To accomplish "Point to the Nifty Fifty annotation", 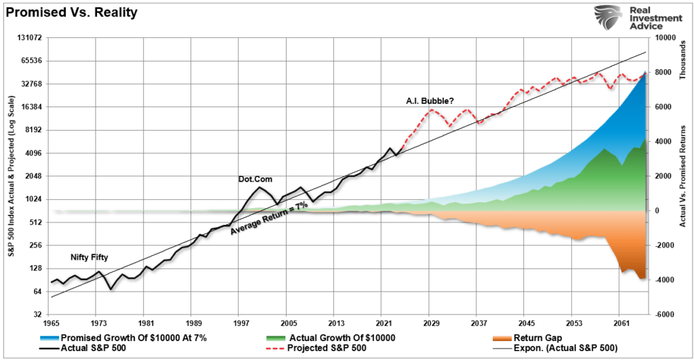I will point(89,258).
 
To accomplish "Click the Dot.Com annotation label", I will point(253,179).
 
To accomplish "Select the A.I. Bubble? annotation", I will point(426,101).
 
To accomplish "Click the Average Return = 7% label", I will point(269,218).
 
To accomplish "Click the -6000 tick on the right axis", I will point(660,315).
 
